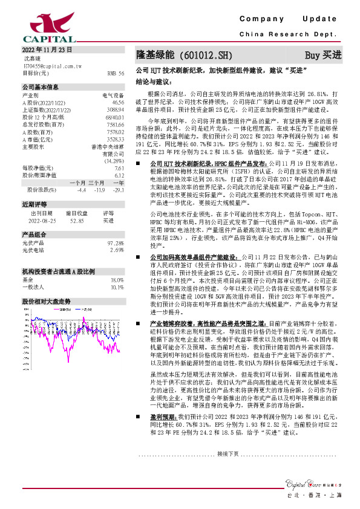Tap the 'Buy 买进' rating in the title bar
323,54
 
